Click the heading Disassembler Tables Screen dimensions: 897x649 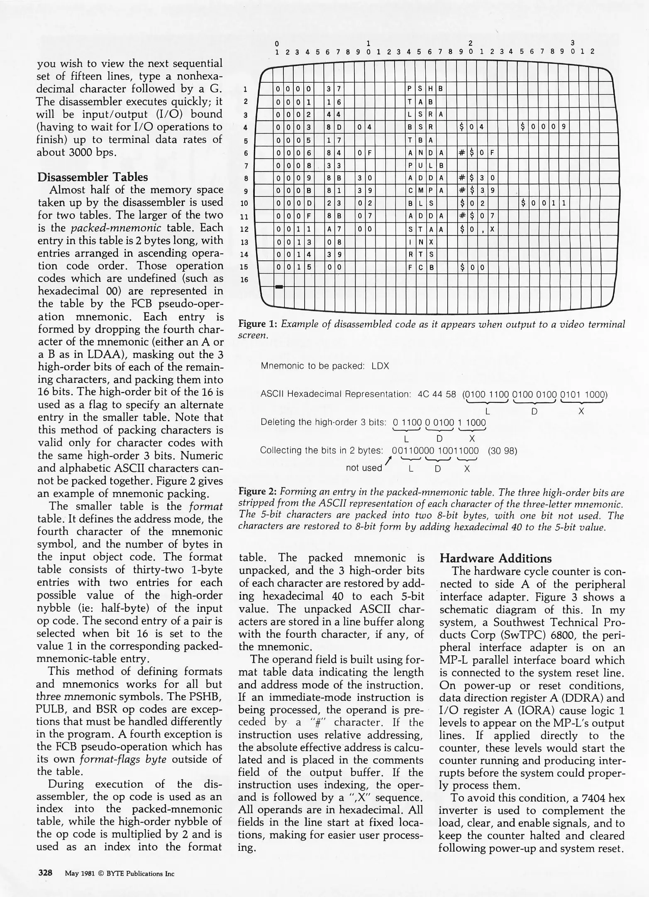point(92,177)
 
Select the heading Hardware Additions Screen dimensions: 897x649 point(495,558)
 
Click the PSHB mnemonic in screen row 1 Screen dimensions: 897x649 point(425,88)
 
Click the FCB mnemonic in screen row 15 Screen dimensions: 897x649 point(420,267)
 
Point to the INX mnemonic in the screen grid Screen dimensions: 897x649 point(420,242)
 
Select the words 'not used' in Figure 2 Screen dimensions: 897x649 point(364,468)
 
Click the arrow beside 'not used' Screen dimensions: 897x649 point(388,461)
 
